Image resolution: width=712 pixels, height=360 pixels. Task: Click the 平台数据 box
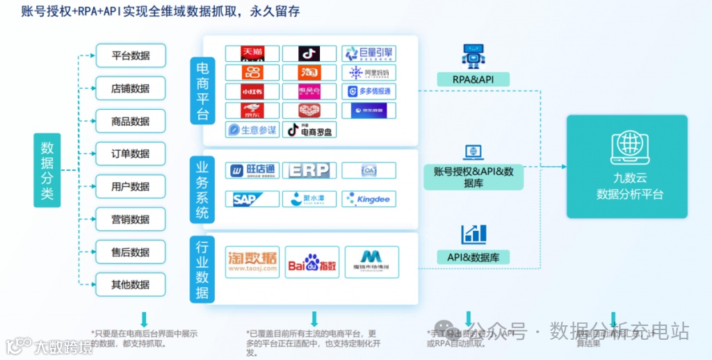tap(131, 56)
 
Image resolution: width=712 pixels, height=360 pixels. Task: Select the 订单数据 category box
tap(131, 154)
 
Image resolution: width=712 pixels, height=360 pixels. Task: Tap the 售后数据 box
tap(131, 252)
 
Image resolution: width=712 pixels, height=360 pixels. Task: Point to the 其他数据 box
tap(131, 285)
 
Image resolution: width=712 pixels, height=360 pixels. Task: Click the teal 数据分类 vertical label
tap(47, 170)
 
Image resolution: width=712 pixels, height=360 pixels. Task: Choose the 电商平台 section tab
tap(202, 90)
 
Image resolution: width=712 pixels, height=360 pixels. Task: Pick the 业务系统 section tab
tap(202, 189)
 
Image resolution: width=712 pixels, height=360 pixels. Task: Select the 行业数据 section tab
tap(202, 270)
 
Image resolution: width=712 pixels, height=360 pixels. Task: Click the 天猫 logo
tap(252, 54)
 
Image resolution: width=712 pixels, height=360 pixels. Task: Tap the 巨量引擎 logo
tap(369, 54)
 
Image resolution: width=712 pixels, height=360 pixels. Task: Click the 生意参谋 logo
tap(252, 130)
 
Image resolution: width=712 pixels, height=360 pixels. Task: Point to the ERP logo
tap(309, 170)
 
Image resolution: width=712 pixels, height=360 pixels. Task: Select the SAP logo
tap(252, 199)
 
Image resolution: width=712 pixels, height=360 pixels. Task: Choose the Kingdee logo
tap(369, 199)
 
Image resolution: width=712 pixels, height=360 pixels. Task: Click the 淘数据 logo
tap(252, 261)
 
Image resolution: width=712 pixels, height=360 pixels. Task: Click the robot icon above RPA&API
tap(473, 56)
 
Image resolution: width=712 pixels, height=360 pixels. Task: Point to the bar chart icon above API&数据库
tap(474, 234)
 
